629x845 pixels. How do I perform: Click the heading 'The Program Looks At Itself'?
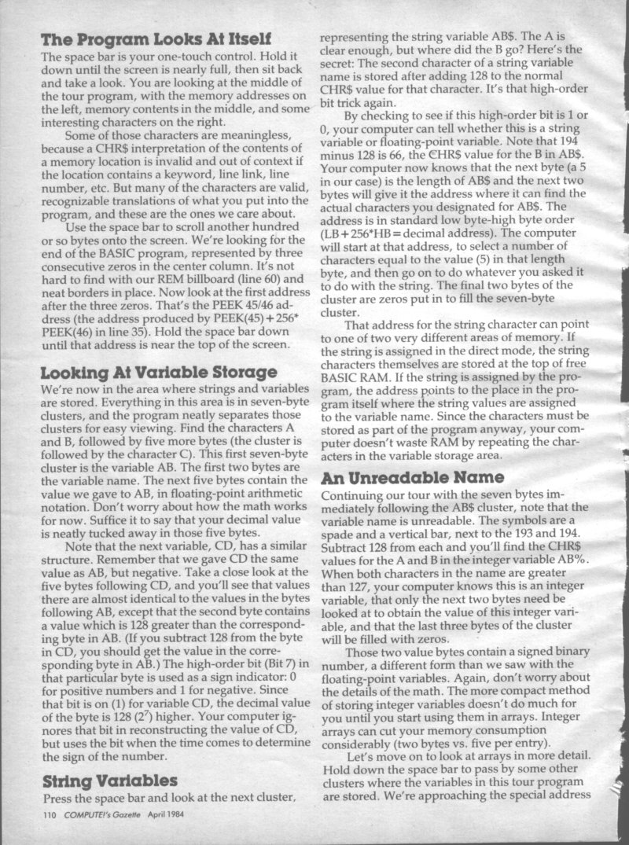click(156, 39)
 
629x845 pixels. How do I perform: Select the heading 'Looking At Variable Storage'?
click(158, 372)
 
